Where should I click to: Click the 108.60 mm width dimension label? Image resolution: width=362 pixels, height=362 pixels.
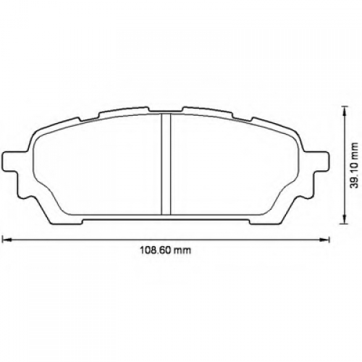click(x=166, y=250)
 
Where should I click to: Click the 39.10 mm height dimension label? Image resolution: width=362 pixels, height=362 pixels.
click(x=354, y=165)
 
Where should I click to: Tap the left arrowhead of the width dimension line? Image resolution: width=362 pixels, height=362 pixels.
click(x=7, y=240)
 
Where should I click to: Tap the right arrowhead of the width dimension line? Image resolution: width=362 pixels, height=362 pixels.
click(x=324, y=240)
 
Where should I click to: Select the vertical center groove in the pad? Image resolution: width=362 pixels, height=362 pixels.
click(x=166, y=164)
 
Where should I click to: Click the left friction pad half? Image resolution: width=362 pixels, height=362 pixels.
click(x=96, y=167)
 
